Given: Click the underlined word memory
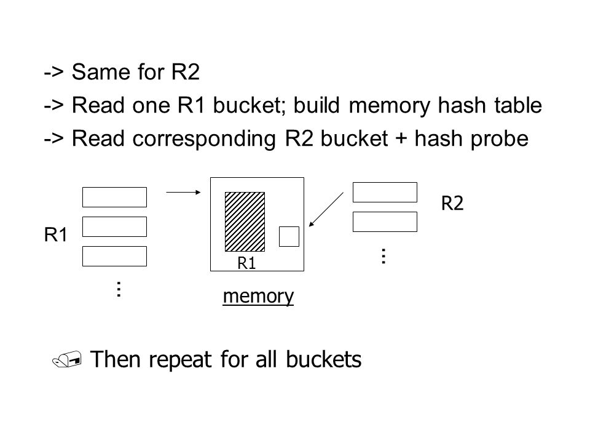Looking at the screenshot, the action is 258,296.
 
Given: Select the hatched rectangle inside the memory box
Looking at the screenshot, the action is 245,221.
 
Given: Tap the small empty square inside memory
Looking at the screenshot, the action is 289,236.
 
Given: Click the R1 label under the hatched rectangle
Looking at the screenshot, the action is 246,263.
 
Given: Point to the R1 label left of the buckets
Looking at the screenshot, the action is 56,234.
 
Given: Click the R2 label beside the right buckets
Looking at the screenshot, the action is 452,204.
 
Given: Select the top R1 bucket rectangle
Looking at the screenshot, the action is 114,197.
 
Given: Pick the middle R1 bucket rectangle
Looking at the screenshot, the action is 114,226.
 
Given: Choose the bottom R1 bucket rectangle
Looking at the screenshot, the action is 114,256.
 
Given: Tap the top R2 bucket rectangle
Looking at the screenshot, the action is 385,192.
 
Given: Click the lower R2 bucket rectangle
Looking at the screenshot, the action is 385,221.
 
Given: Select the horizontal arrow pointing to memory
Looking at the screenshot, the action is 184,192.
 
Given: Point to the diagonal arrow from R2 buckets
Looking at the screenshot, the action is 326,209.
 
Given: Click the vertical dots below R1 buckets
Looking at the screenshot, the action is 119,289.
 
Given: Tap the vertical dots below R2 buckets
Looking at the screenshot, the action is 383,256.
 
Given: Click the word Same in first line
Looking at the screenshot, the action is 98,72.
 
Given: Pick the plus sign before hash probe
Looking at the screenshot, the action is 401,138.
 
